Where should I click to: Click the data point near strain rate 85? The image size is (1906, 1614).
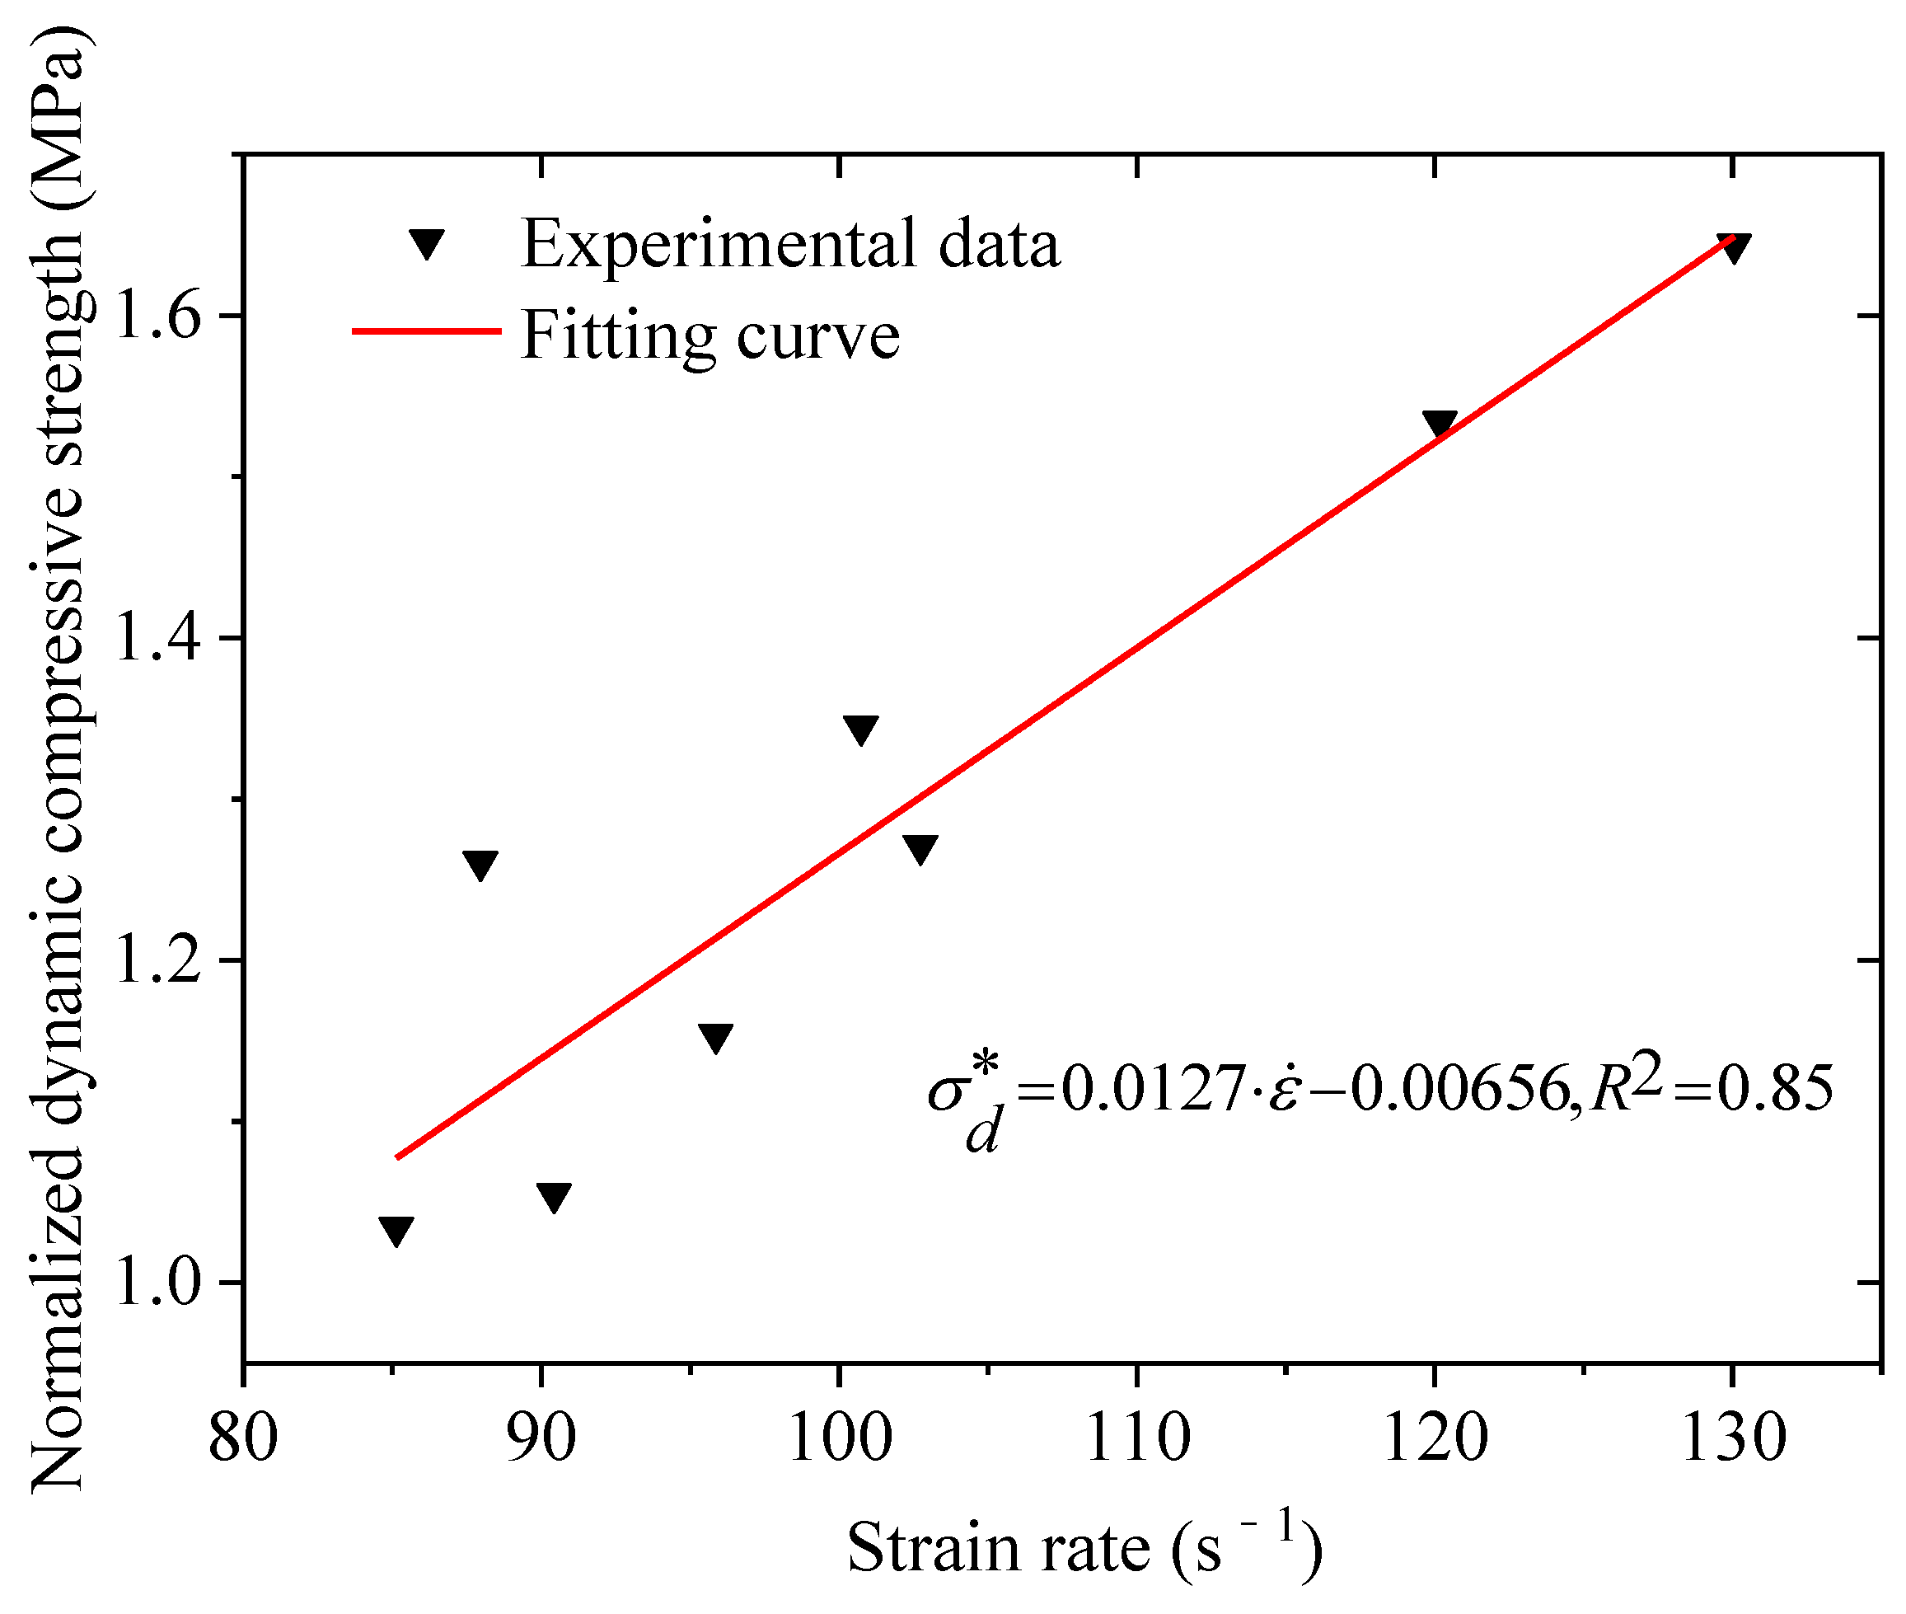[x=396, y=1231]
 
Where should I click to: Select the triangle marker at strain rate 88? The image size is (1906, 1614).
[x=480, y=864]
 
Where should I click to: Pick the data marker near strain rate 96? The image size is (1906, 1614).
[x=715, y=1038]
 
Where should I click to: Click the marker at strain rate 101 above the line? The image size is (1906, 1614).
[x=860, y=730]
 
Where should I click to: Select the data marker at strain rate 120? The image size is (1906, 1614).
[x=1440, y=423]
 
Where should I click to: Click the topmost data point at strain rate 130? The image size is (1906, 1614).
[x=1734, y=247]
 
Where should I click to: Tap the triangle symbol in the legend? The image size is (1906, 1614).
[x=427, y=243]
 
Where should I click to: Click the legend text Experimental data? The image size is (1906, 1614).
[x=790, y=244]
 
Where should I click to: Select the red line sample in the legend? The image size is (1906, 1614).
[x=427, y=331]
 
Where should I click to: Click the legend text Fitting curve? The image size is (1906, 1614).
[x=709, y=335]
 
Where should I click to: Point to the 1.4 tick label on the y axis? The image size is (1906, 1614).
[x=156, y=638]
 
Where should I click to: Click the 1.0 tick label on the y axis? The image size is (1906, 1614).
[x=156, y=1283]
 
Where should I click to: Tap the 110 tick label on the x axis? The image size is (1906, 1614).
[x=1137, y=1438]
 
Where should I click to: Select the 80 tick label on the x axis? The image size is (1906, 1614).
[x=243, y=1438]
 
